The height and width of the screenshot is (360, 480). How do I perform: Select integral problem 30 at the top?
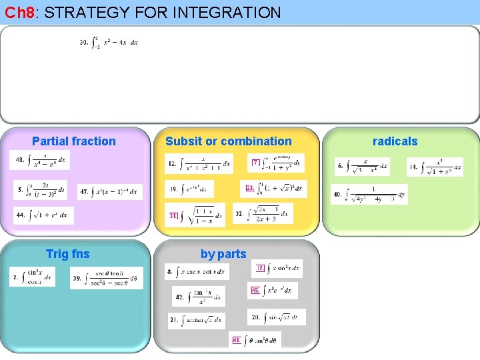coord(109,42)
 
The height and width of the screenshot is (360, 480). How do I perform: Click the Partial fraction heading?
coord(74,141)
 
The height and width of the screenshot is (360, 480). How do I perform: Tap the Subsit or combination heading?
coord(229,141)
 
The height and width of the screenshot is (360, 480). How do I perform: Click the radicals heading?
coord(395,141)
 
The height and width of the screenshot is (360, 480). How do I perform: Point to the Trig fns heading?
coord(67,253)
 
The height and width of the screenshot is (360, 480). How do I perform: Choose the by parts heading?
coord(223,253)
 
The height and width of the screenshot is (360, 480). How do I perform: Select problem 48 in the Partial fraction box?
coord(40,160)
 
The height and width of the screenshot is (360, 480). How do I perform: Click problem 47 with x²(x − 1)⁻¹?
coord(110,191)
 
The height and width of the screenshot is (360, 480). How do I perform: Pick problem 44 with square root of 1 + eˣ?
coord(44,215)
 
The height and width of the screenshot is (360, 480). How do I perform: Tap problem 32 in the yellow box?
coord(263,214)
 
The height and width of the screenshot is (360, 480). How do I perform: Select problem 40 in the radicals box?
coord(369,194)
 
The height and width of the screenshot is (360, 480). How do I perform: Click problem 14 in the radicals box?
coord(435,167)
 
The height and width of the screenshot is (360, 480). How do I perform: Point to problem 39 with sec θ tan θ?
coord(107,277)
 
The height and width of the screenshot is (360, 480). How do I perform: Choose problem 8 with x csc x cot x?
coord(197,271)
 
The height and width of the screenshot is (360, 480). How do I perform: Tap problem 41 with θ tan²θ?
coord(255,340)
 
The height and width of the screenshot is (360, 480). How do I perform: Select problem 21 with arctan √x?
coord(196,320)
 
